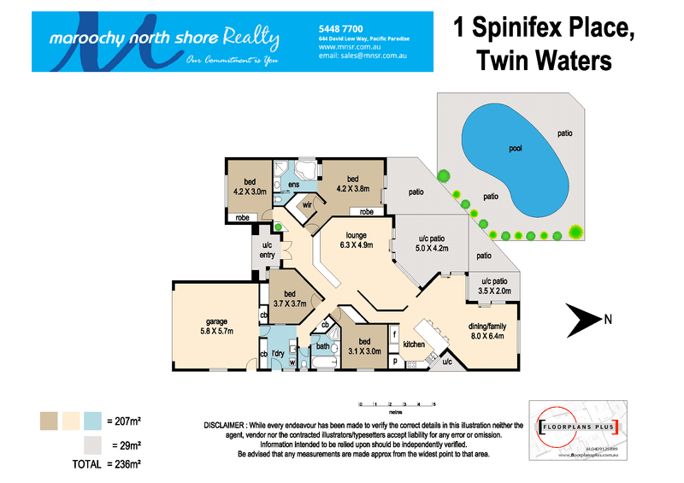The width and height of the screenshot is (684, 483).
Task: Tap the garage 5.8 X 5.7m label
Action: pos(215,326)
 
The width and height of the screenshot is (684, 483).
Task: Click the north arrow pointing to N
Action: pos(583,320)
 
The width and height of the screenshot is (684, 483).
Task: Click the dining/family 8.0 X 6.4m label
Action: pos(491,330)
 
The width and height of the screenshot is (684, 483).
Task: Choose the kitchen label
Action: pos(414,345)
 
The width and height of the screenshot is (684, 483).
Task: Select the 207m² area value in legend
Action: pos(124,421)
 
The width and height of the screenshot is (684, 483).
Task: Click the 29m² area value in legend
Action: pos(124,445)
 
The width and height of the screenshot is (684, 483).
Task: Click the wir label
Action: pos(304,205)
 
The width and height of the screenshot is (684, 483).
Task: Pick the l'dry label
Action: pos(278,354)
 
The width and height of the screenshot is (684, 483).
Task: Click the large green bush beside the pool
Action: pos(575,231)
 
